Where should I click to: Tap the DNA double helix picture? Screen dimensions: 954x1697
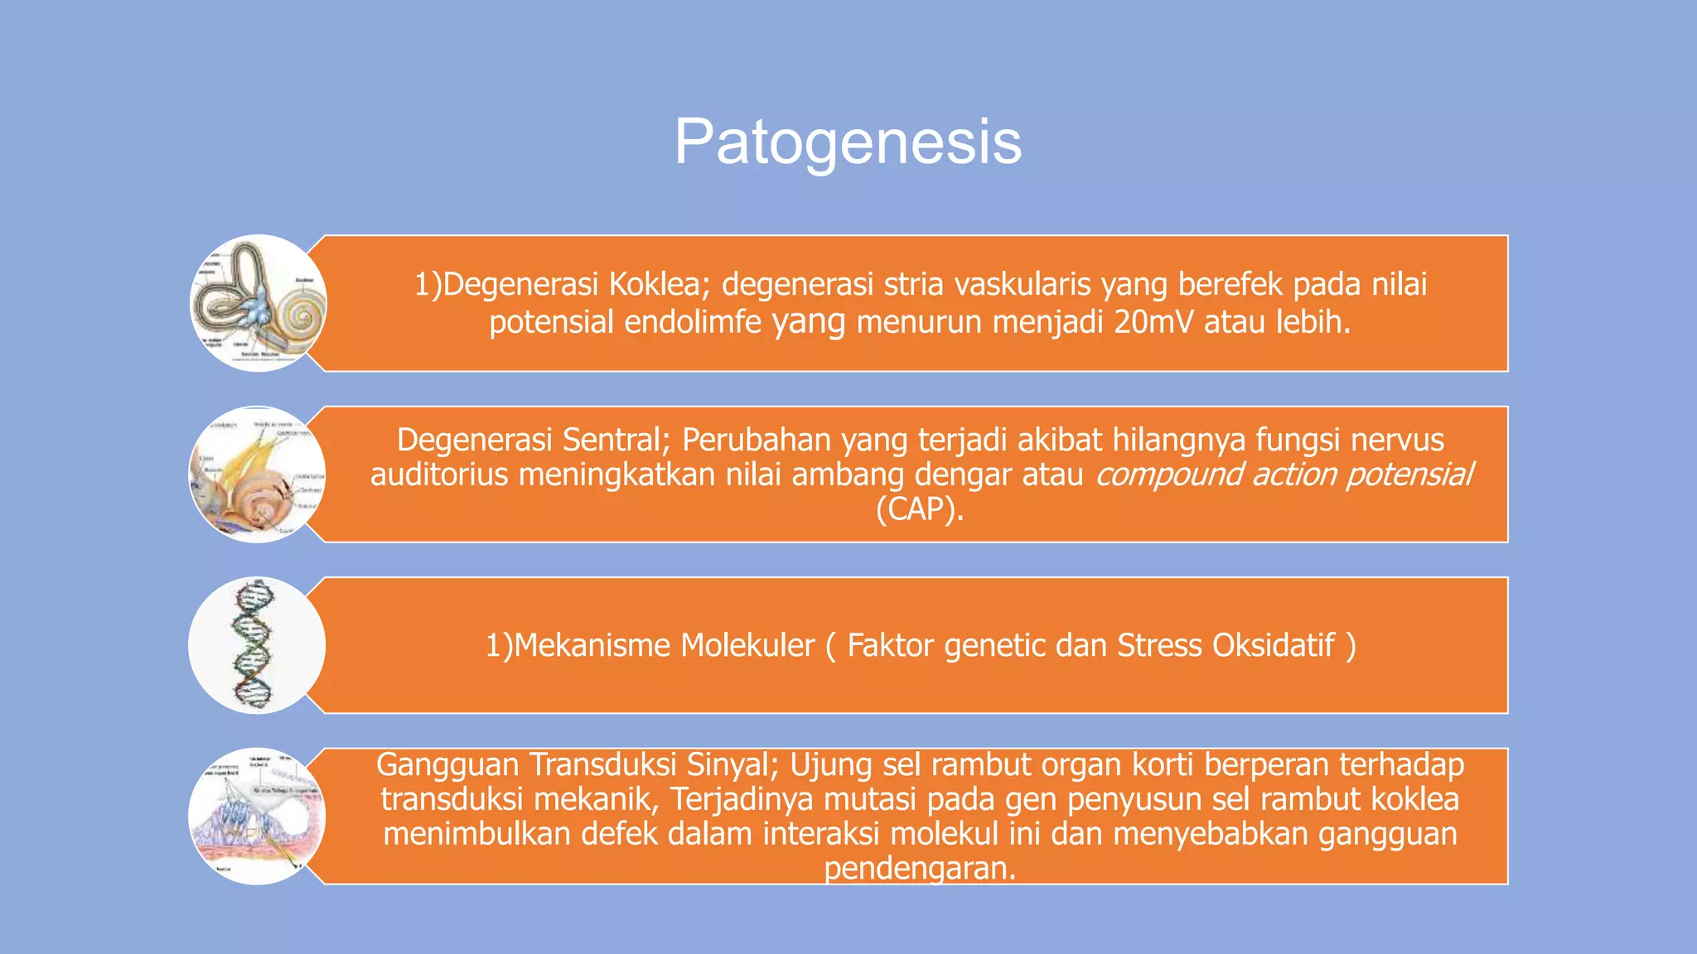click(x=256, y=645)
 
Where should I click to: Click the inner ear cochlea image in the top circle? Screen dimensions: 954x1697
click(x=258, y=303)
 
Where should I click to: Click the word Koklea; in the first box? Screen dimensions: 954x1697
click(x=660, y=284)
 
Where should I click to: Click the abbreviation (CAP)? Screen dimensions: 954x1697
click(x=920, y=508)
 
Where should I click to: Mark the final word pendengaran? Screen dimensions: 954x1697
click(x=919, y=868)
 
